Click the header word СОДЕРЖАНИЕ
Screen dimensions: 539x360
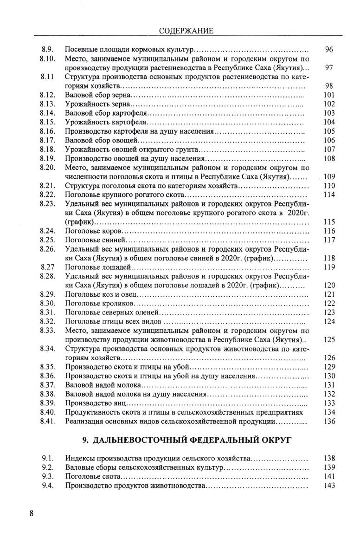pos(186,31)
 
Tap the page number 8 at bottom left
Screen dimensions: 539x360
pos(32,513)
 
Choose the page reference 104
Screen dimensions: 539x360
pos(329,122)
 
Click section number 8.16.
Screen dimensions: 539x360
pos(48,131)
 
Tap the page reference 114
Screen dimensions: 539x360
pos(329,195)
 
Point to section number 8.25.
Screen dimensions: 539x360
pos(48,240)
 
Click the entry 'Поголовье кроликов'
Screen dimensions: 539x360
pos(100,303)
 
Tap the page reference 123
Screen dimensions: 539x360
pos(329,312)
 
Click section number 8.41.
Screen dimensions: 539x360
pos(48,421)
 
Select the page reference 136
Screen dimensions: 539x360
pos(329,421)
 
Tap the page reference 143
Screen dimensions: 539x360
pos(329,486)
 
